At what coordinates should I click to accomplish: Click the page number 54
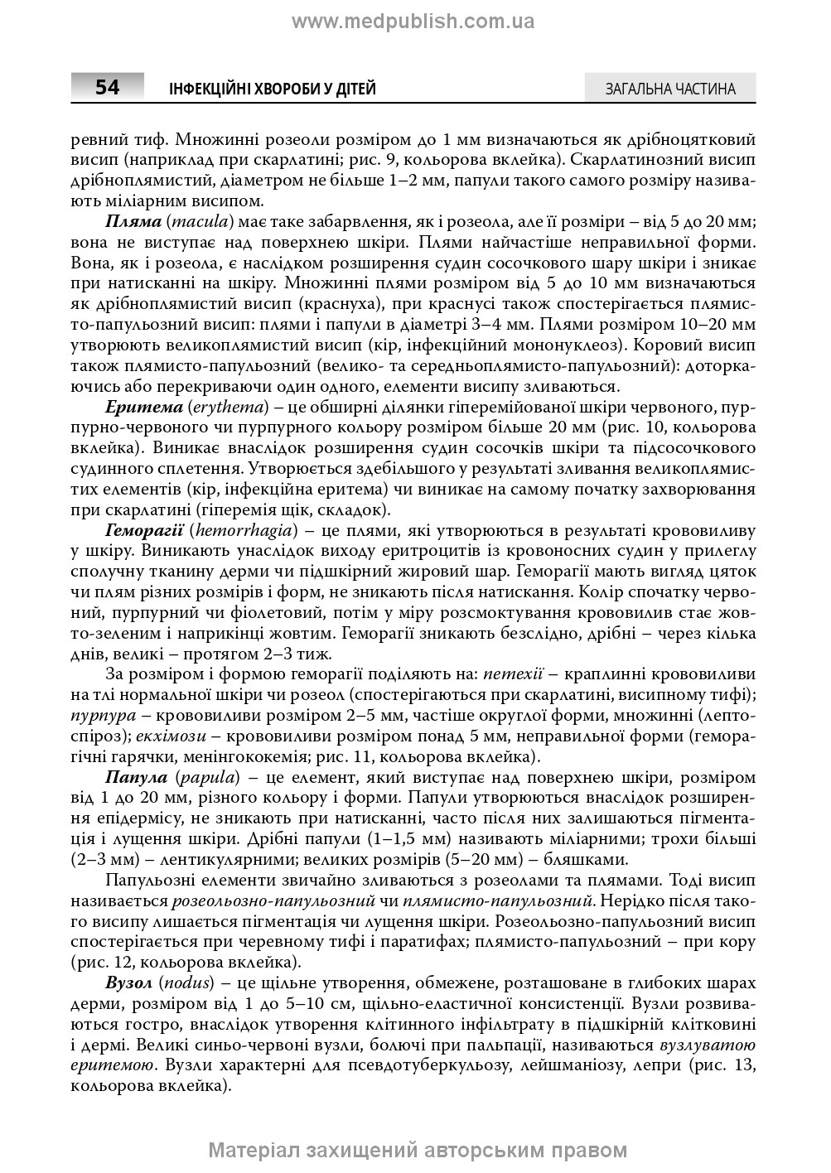[107, 87]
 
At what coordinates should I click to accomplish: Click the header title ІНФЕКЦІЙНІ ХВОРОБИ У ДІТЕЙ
[272, 89]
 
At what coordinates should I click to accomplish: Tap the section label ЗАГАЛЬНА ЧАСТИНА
[670, 89]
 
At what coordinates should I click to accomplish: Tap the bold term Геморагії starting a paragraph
[144, 529]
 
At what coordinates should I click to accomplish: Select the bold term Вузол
[128, 982]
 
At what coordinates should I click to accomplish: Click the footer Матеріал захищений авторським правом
[418, 1150]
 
